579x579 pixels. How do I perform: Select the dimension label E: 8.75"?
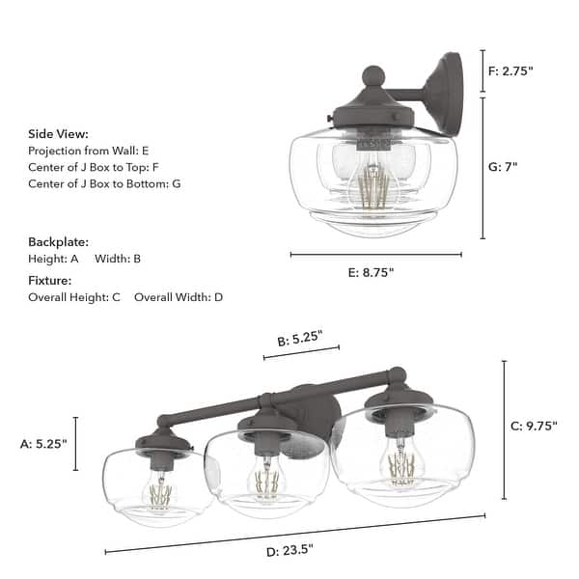[x=370, y=272]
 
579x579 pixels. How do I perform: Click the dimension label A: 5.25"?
[x=44, y=444]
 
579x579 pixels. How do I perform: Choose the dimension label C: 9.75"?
[x=533, y=426]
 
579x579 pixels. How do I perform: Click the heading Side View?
[x=58, y=134]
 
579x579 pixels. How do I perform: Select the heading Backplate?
[x=58, y=241]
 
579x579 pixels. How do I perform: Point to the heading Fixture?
[x=50, y=281]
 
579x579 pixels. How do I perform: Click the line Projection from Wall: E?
[x=89, y=151]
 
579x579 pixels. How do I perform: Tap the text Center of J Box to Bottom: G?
[x=104, y=182]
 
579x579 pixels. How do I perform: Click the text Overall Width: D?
[x=179, y=297]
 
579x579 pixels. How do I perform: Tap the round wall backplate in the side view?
[x=450, y=94]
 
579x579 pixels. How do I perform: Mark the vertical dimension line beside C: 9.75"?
[x=504, y=429]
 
